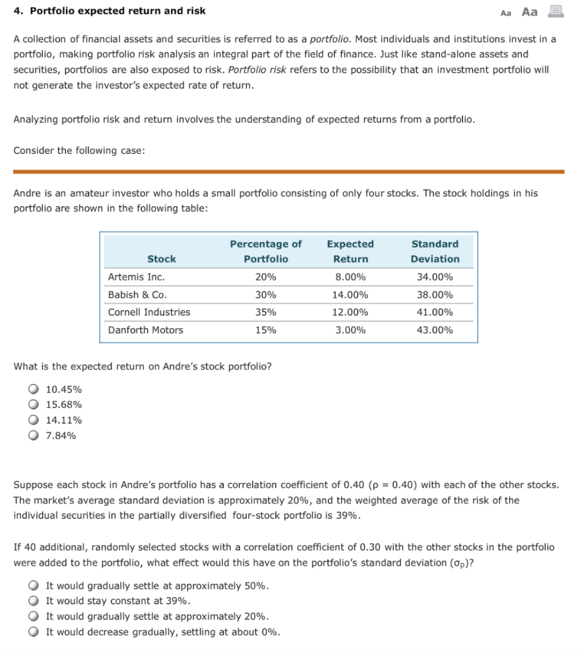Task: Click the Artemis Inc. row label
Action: [136, 277]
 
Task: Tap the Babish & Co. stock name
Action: [138, 295]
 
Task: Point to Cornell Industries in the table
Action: [149, 312]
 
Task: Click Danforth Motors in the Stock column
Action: [145, 330]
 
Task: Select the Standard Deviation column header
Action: [435, 251]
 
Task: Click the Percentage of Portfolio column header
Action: [266, 251]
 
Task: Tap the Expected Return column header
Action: [350, 251]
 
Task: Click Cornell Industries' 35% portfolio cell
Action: [266, 312]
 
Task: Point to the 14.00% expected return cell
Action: [350, 295]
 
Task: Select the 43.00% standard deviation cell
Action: [435, 330]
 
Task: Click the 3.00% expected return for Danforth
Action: [350, 330]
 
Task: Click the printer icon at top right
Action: [555, 11]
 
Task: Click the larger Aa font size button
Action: [530, 12]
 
